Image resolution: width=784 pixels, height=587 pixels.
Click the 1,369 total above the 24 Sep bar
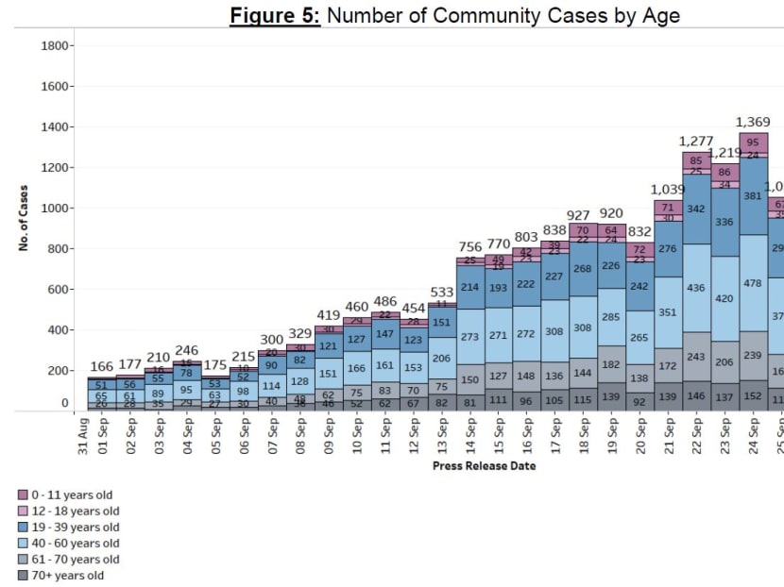tap(753, 123)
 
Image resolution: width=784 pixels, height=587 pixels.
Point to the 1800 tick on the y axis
tap(60, 45)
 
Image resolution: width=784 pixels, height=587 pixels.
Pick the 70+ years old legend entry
tap(65, 576)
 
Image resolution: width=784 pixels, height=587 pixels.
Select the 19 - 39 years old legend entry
tap(72, 527)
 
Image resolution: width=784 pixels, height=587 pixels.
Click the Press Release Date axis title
tap(484, 466)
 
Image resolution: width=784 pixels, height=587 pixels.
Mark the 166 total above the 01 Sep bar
tap(102, 366)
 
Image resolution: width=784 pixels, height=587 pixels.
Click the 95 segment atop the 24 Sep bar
tap(753, 143)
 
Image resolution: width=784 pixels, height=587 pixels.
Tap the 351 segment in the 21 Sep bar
tap(668, 312)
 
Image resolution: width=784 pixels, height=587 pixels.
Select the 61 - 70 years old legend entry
tap(72, 560)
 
